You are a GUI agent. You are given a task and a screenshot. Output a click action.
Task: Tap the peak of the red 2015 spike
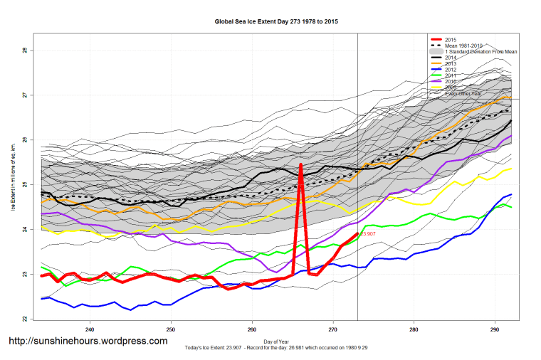pyautogui.click(x=301, y=165)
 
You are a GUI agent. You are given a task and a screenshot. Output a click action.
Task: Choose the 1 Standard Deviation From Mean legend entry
pyautogui.click(x=480, y=52)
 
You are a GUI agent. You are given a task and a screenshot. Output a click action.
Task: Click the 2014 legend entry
pyautogui.click(x=450, y=58)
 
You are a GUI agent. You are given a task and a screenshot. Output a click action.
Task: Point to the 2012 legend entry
pyautogui.click(x=450, y=70)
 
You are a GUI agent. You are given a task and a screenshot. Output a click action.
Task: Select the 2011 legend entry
pyautogui.click(x=450, y=75)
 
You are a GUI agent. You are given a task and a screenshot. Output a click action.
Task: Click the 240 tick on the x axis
pyautogui.click(x=90, y=329)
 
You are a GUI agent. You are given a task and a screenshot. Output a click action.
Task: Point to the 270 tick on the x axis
pyautogui.click(x=332, y=329)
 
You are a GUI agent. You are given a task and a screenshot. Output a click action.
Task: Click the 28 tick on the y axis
pyautogui.click(x=25, y=51)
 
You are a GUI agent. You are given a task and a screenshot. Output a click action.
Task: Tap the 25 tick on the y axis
pyautogui.click(x=25, y=185)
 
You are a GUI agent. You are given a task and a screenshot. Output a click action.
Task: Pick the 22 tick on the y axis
pyautogui.click(x=25, y=319)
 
